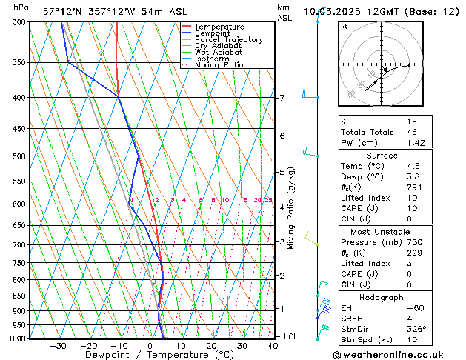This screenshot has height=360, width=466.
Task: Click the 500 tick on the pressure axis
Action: pyautogui.click(x=18, y=156)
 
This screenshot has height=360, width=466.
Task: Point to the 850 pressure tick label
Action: pyautogui.click(x=18, y=296)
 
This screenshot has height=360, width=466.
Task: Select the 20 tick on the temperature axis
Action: pyautogui.click(x=211, y=345)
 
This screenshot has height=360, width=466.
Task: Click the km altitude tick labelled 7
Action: pyautogui.click(x=282, y=98)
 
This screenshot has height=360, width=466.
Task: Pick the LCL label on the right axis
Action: pyautogui.click(x=292, y=336)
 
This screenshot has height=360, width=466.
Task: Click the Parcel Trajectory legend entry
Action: pyautogui.click(x=228, y=39)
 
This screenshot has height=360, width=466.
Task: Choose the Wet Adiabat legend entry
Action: pyautogui.click(x=220, y=52)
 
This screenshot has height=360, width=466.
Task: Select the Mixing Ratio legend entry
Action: pyautogui.click(x=219, y=65)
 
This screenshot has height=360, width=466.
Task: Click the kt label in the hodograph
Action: pyautogui.click(x=344, y=26)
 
